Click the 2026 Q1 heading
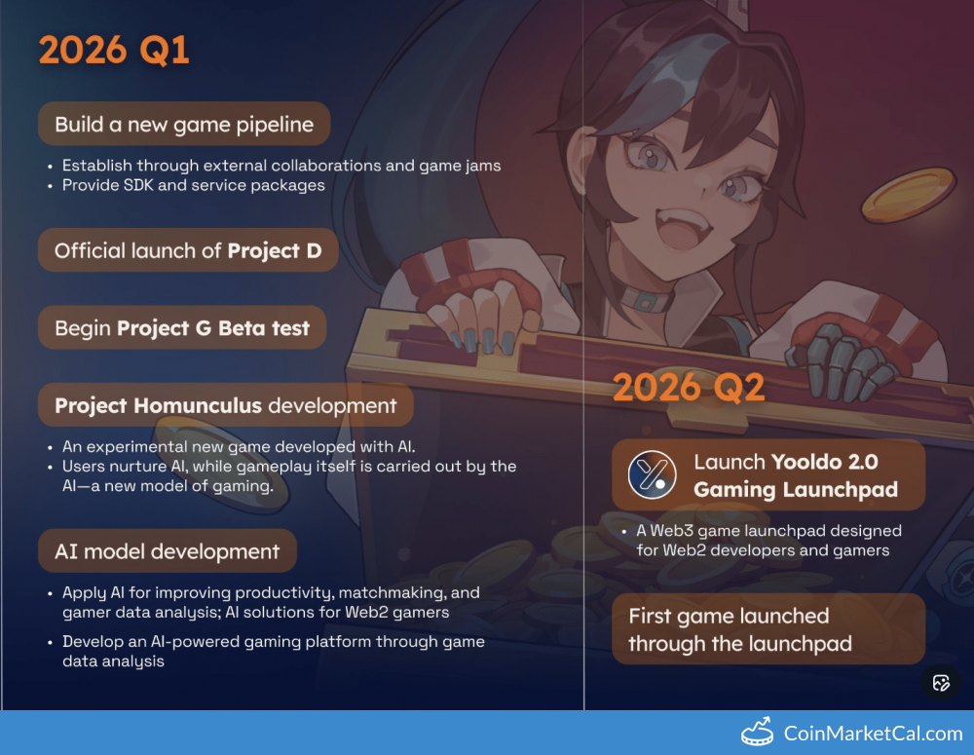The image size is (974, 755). tap(114, 50)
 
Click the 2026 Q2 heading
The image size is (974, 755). tap(689, 387)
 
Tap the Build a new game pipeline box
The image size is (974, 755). tap(184, 125)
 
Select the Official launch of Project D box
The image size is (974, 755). tap(188, 250)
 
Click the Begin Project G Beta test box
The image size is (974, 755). tap(182, 327)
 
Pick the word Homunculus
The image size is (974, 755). tap(198, 405)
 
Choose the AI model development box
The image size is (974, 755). tap(168, 551)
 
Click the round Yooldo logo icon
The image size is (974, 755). tap(652, 475)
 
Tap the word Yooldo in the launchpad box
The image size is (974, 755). tap(806, 462)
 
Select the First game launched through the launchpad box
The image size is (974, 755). tap(768, 629)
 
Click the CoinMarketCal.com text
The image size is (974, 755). tap(873, 734)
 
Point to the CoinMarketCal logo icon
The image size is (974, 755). tap(757, 732)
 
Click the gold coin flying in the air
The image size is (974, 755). tap(908, 195)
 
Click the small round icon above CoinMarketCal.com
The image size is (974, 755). tap(941, 683)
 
